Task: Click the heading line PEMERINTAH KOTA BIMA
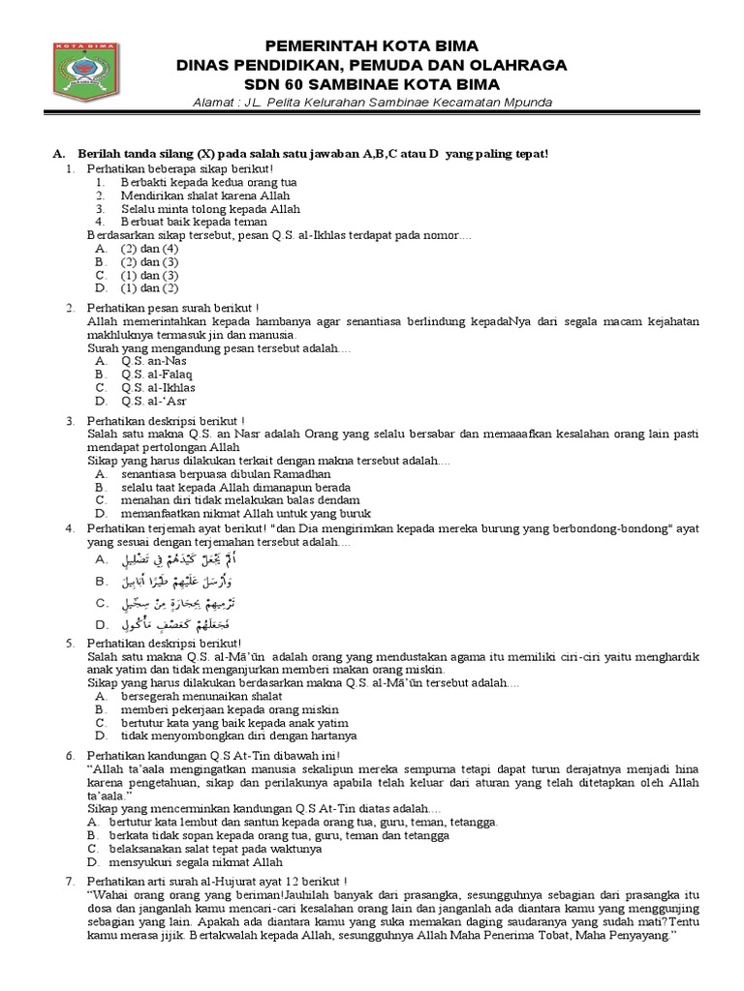[x=372, y=47]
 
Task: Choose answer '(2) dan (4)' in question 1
[x=149, y=248]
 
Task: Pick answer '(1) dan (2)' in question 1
[x=149, y=287]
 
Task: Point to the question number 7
[x=70, y=884]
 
